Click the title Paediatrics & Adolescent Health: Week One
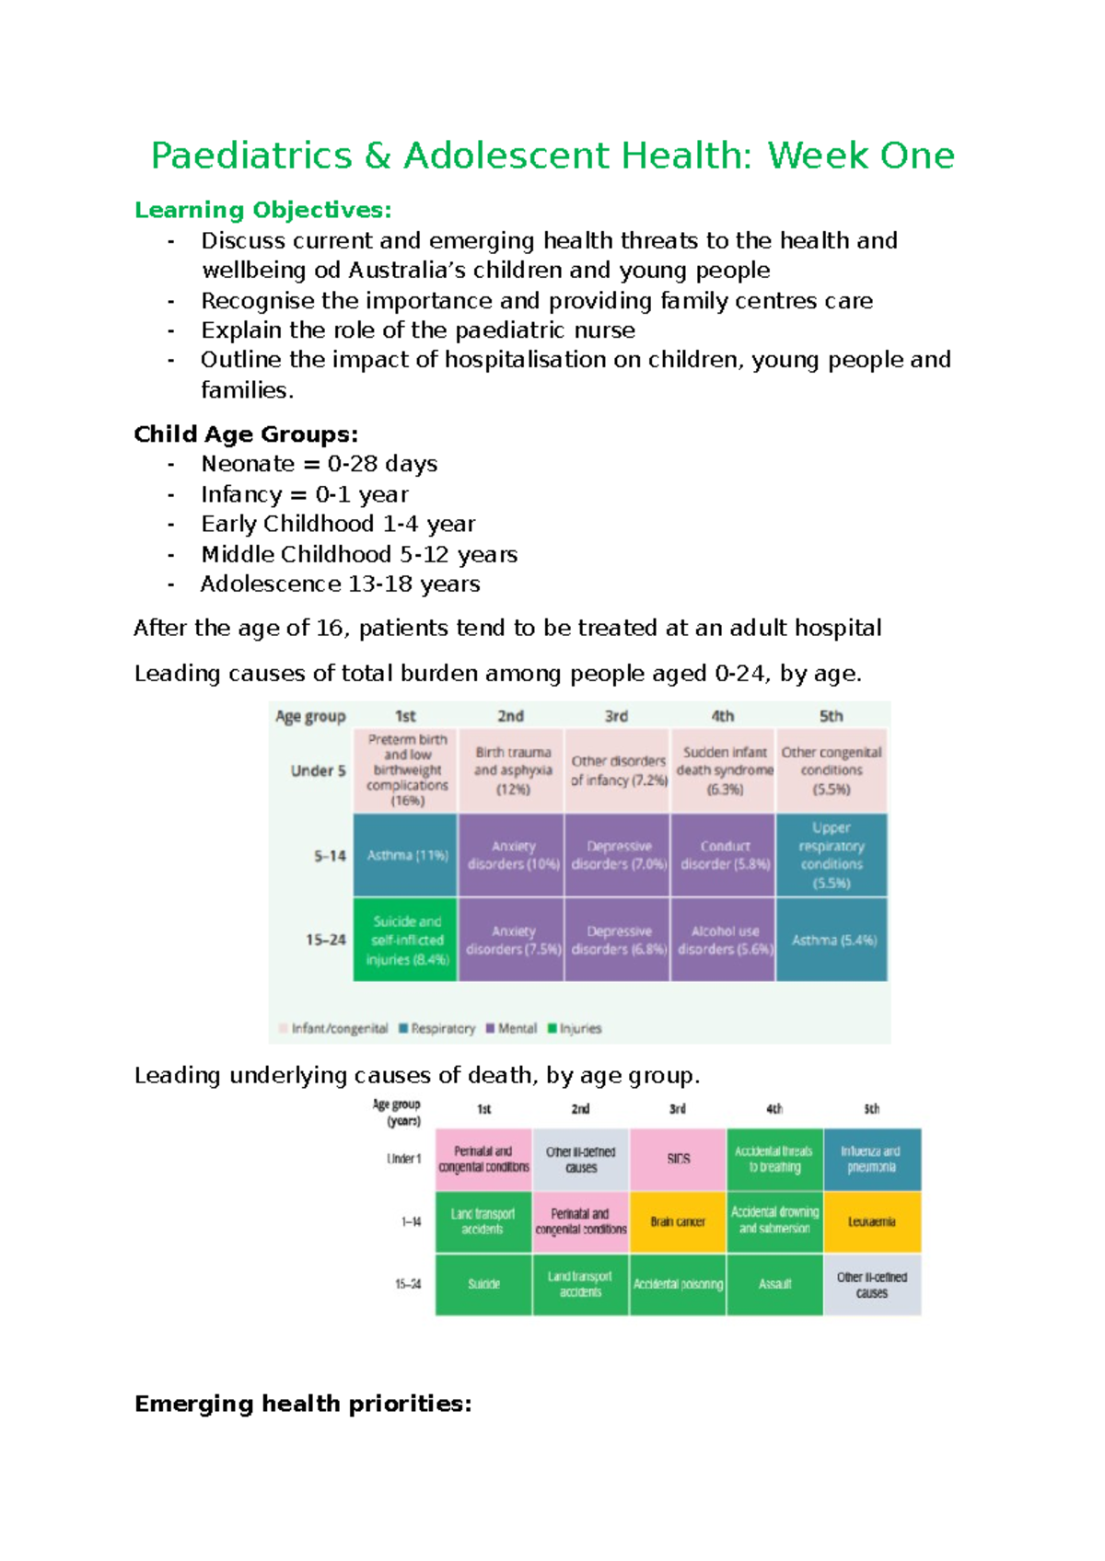point(552,156)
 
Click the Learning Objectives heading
point(262,210)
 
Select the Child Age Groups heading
point(246,434)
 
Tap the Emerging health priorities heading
point(303,1403)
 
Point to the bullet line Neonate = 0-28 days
point(319,464)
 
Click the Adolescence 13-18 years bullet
point(340,584)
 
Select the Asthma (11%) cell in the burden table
point(406,855)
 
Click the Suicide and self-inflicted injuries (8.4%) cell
point(406,940)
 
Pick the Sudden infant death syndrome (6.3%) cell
point(724,770)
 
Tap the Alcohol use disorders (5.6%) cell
point(724,940)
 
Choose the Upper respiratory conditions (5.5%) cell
point(832,855)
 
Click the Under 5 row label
point(318,770)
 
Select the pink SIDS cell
point(678,1159)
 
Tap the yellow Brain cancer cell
point(678,1221)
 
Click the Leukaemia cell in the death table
point(871,1221)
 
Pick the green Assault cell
point(774,1284)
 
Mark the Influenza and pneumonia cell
point(871,1159)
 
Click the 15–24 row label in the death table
point(408,1284)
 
